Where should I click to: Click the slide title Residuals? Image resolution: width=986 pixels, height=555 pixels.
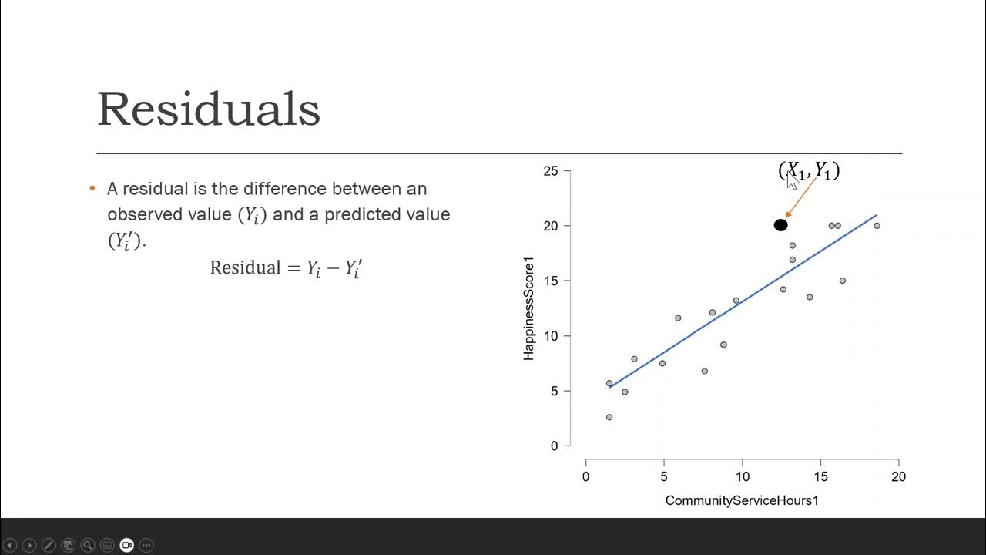[x=209, y=109]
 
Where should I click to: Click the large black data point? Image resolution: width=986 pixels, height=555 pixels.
[x=780, y=225]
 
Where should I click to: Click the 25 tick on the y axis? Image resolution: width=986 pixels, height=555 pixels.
[x=550, y=170]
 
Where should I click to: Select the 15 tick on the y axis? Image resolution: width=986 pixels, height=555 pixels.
[x=550, y=281]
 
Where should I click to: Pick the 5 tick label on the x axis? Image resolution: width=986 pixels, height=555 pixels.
[x=663, y=477]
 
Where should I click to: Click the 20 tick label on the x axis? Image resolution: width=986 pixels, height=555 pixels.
[x=898, y=477]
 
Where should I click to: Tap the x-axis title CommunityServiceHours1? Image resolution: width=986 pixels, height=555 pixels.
[x=742, y=501]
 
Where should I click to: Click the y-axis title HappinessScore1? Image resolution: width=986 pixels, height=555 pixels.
[x=528, y=308]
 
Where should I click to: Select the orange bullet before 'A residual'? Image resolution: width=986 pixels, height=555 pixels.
[x=92, y=188]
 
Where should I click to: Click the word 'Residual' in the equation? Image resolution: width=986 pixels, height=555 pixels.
[x=245, y=267]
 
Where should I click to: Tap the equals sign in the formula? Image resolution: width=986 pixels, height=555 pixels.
[x=293, y=268]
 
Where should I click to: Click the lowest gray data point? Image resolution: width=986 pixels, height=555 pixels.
[x=609, y=417]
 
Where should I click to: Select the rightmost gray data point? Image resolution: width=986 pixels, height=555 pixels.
[x=877, y=226]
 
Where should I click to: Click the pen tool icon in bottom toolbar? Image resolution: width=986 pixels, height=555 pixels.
[x=49, y=545]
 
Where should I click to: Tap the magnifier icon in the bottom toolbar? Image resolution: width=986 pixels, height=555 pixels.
[x=88, y=545]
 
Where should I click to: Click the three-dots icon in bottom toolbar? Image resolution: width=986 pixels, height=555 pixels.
[x=146, y=545]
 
